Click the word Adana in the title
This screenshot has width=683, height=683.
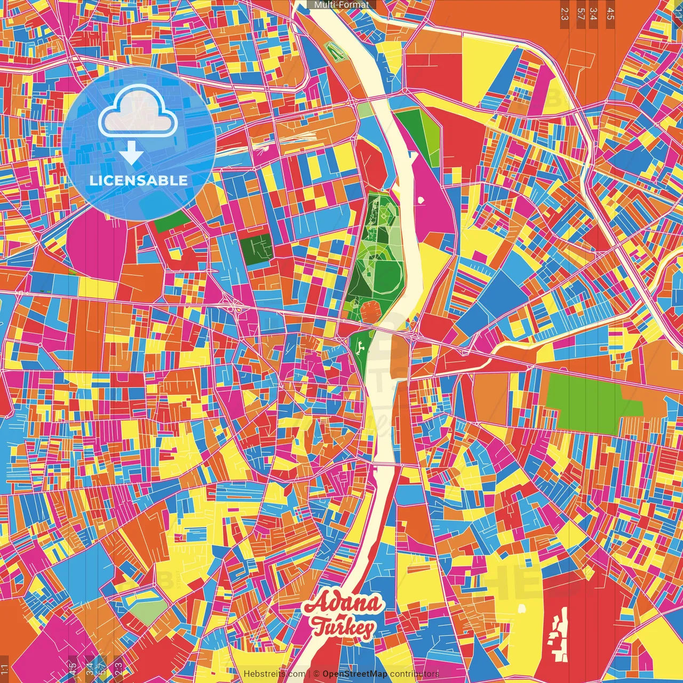344,605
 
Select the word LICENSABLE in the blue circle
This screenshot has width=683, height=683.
138,180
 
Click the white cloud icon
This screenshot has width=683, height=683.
138,112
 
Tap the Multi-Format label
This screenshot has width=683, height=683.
341,5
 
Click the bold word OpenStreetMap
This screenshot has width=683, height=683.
355,674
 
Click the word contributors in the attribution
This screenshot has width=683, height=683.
414,674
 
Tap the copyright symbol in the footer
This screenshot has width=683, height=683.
316,674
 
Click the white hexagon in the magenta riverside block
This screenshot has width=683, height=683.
421,201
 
